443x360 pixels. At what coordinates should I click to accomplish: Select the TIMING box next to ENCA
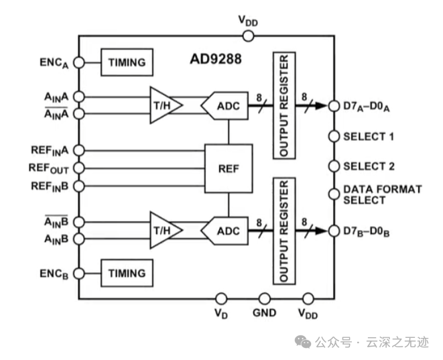[126, 62]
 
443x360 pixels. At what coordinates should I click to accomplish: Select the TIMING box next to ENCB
[126, 273]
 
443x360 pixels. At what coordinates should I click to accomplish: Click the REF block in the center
[229, 168]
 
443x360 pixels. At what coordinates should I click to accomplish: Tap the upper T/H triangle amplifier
[162, 105]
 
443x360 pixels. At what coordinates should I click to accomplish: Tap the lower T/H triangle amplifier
[162, 230]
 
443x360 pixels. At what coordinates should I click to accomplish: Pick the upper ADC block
[224, 105]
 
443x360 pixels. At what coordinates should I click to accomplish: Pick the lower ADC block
[224, 230]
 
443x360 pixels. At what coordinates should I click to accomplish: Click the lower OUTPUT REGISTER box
[283, 230]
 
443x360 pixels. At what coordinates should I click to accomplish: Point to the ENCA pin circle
[78, 62]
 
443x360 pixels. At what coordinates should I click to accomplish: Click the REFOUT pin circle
[78, 168]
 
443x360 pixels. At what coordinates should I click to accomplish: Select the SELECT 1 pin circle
[334, 137]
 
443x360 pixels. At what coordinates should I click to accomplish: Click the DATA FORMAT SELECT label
[382, 194]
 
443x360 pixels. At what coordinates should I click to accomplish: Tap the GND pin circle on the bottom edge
[265, 298]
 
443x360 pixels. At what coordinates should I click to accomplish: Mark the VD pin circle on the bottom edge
[220, 298]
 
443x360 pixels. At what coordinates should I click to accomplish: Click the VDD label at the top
[247, 21]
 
